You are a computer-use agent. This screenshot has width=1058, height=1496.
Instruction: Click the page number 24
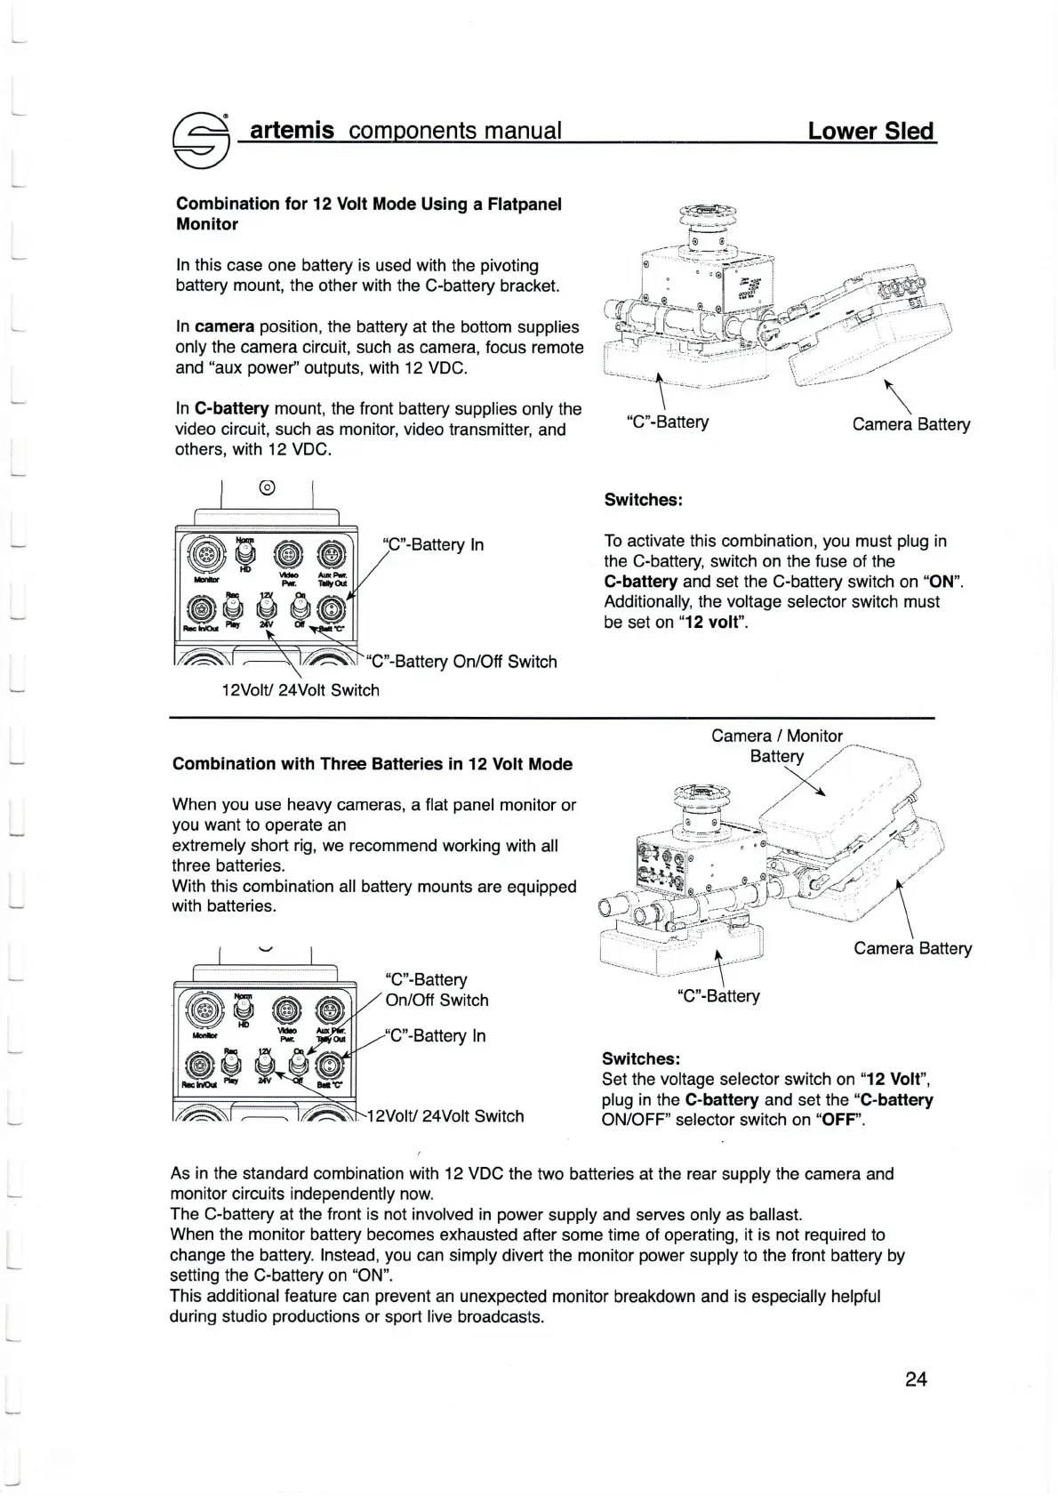pos(916,1379)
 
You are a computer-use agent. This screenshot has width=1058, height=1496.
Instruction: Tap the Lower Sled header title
pos(871,132)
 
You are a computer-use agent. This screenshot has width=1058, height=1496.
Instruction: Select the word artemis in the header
pos(292,131)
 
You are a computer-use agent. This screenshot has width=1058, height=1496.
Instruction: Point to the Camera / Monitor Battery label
pos(776,745)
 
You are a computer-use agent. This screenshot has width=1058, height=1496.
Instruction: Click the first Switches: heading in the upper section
pos(643,500)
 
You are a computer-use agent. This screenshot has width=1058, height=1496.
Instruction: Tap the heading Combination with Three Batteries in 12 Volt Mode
pos(372,764)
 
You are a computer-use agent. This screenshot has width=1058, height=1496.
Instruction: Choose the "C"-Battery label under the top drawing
pos(667,422)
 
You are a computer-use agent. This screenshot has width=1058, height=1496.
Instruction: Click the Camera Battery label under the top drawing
pos(910,424)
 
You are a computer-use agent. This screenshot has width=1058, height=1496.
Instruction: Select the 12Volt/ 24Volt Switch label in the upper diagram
pos(301,690)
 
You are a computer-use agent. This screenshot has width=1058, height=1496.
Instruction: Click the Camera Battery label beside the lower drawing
pos(912,948)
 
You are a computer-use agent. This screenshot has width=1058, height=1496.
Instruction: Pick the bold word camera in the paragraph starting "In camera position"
pos(225,327)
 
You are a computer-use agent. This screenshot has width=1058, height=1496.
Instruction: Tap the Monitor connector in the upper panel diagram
pos(201,559)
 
